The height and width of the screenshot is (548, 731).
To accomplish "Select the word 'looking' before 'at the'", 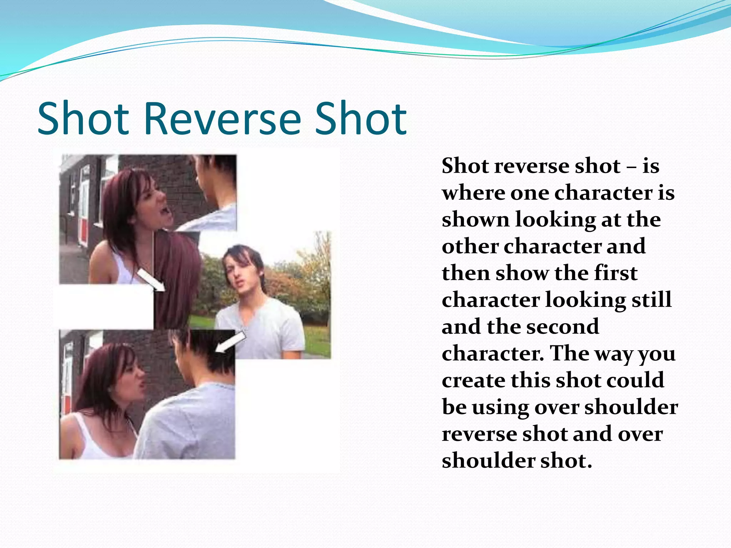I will (x=555, y=220).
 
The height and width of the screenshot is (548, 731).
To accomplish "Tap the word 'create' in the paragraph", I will (x=473, y=380).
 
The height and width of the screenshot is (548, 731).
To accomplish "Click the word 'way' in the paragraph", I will (x=611, y=354).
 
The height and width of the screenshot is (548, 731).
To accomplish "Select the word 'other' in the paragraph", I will (x=470, y=247).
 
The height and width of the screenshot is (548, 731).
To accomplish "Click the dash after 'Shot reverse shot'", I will (x=631, y=167).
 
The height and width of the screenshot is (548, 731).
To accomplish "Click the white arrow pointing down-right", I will (x=151, y=280).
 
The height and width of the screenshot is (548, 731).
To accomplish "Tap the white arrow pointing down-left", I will (x=231, y=342).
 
